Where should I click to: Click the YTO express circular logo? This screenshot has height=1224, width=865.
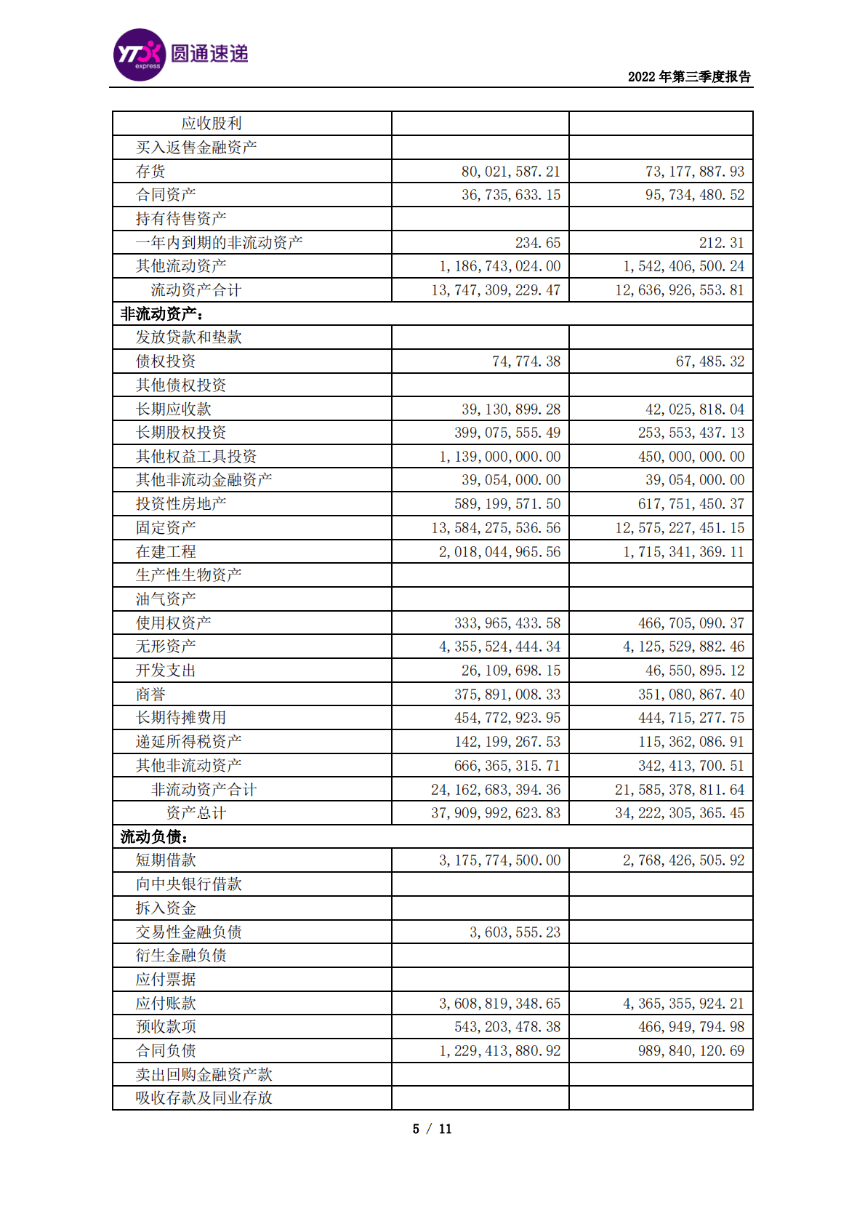(x=140, y=55)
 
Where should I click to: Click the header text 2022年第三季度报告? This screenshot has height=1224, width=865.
(x=688, y=76)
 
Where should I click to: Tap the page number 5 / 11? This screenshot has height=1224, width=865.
(x=432, y=1129)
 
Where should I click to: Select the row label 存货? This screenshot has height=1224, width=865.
(x=150, y=172)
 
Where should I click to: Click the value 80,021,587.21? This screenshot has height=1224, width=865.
(x=510, y=172)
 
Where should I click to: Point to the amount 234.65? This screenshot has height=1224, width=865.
(x=537, y=243)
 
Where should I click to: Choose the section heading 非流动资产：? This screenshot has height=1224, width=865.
(x=162, y=314)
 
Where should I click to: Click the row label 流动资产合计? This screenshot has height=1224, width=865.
(x=196, y=290)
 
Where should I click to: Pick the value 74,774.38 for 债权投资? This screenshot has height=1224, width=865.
(x=526, y=361)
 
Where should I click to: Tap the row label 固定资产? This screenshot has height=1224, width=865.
(x=166, y=528)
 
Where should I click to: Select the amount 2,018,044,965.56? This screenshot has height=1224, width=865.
(x=499, y=552)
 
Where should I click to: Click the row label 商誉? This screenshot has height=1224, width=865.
(x=150, y=695)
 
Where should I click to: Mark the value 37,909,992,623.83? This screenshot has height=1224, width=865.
(x=496, y=813)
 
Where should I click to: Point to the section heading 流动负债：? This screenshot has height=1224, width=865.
(x=155, y=837)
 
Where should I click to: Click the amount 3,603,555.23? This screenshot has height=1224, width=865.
(x=515, y=932)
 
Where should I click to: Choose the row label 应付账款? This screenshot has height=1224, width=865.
(x=166, y=1004)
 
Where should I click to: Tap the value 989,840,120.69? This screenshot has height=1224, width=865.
(x=691, y=1051)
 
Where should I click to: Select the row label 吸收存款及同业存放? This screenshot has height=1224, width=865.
(x=204, y=1098)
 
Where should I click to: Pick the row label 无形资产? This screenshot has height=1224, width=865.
(x=166, y=647)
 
